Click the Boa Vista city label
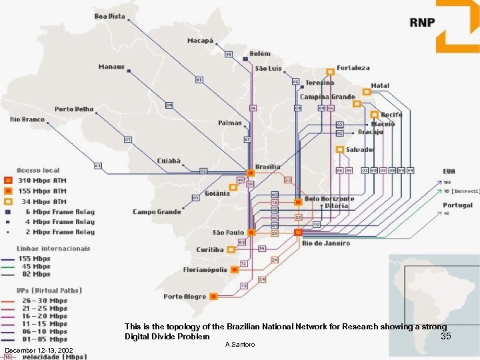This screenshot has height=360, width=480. [x=109, y=16]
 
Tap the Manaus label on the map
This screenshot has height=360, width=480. [x=111, y=67]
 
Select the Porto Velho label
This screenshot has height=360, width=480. [x=74, y=109]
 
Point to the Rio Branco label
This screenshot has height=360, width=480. [x=27, y=119]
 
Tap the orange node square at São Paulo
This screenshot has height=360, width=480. [x=251, y=233]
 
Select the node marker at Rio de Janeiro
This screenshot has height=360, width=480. [x=297, y=233]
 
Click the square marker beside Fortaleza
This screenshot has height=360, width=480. [x=330, y=71]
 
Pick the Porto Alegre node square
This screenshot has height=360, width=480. [x=213, y=296]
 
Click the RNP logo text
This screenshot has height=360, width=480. [x=421, y=22]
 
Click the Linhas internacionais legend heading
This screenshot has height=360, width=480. [x=53, y=249]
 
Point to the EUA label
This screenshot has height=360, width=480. [x=449, y=172]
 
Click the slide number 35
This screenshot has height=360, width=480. [x=446, y=337]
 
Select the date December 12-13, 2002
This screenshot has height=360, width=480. [x=38, y=351]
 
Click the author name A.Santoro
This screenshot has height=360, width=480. [x=241, y=344]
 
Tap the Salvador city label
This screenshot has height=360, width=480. [x=360, y=150]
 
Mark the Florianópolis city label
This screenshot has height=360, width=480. [x=205, y=270]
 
